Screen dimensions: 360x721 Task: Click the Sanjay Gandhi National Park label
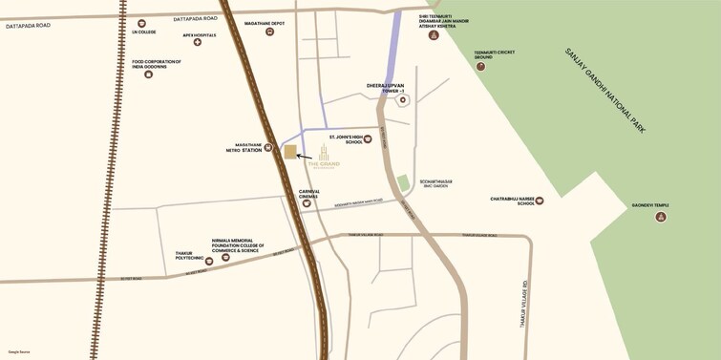[604, 90]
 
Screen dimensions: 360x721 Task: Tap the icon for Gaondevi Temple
[660, 217]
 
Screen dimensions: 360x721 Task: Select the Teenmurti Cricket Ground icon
[480, 66]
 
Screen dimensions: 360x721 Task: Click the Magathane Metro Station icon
[268, 148]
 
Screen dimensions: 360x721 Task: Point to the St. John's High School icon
[368, 139]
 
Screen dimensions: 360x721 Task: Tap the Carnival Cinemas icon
[307, 203]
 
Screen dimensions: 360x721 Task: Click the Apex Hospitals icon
[198, 42]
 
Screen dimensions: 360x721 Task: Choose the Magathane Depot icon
[269, 32]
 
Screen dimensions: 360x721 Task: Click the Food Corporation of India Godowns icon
[148, 74]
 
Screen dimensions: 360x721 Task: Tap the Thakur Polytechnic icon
[209, 261]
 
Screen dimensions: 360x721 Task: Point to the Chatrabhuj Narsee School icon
[540, 201]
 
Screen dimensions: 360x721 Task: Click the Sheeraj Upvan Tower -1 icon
[403, 99]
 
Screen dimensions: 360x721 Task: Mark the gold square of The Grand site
[290, 152]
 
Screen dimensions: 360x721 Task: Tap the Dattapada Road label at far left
[28, 26]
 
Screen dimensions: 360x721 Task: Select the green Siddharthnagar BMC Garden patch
[403, 182]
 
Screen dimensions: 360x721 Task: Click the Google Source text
[19, 351]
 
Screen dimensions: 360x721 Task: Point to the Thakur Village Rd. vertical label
[524, 304]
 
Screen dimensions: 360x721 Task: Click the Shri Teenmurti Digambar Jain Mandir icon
[434, 35]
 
